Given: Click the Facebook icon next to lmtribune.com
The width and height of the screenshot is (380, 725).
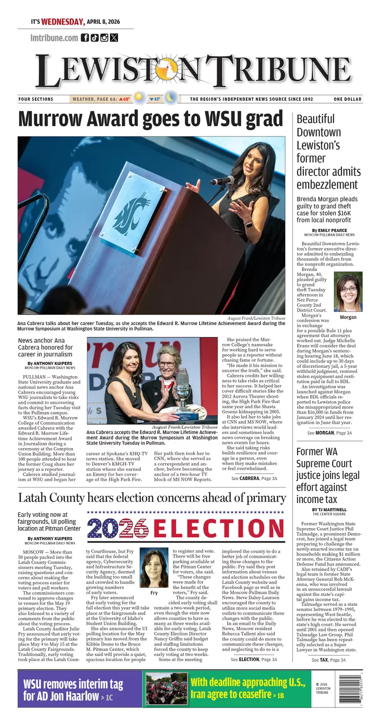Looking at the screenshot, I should [x=85, y=37].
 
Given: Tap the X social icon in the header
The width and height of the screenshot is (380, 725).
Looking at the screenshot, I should [x=114, y=37].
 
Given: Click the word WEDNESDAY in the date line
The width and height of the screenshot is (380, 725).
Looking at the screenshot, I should [x=62, y=22].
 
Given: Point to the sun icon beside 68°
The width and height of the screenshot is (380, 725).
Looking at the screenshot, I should [x=138, y=98].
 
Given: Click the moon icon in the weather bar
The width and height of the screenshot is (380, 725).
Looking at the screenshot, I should [x=171, y=98].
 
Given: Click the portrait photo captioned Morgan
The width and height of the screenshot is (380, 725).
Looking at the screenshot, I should [x=348, y=292].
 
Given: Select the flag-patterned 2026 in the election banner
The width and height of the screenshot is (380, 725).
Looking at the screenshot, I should [x=117, y=528].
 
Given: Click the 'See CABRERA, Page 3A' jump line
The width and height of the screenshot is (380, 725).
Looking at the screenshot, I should [x=254, y=478].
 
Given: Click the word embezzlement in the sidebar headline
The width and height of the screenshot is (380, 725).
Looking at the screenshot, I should [x=327, y=184].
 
